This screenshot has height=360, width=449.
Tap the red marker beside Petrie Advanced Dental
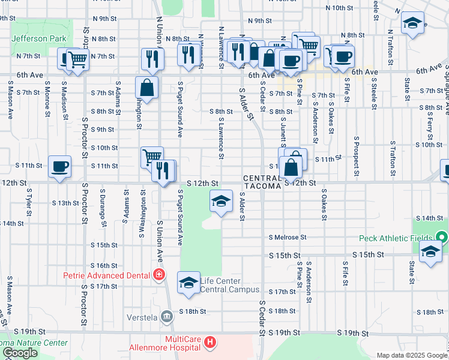tap(158, 275)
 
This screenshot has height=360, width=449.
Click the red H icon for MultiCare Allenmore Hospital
tap(209, 343)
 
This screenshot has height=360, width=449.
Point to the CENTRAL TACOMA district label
tap(262, 182)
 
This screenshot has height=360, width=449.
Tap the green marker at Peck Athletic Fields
tap(442, 238)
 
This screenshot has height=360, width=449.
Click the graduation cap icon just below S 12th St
tap(221, 201)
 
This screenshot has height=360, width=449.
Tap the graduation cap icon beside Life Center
tap(188, 283)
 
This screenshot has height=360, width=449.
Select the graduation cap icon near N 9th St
tap(412, 23)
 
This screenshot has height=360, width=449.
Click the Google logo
tap(20, 353)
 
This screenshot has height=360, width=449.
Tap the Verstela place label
tap(142, 316)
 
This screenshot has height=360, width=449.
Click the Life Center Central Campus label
tap(220, 285)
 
